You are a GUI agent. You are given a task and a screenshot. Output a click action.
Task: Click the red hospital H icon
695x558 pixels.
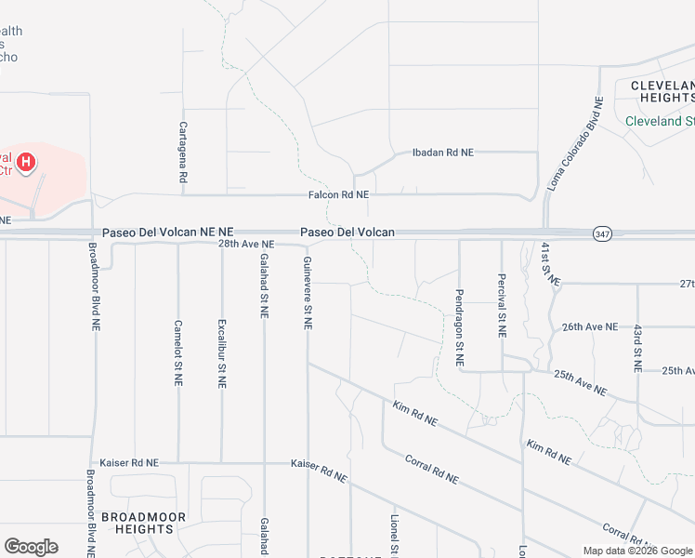tap(27, 164)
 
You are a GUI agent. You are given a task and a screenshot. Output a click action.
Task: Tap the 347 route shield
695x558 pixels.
tap(601, 232)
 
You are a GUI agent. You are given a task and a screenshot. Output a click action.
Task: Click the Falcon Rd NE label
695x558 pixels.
tap(339, 195)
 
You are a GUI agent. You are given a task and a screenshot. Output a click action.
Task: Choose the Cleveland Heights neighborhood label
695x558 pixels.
tap(662, 90)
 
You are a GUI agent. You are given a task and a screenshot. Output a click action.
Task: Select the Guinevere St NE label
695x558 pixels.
tap(308, 294)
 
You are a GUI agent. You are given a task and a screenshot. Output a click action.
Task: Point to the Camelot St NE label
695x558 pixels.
tap(178, 353)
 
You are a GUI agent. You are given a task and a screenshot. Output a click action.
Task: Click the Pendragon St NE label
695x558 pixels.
tap(459, 325)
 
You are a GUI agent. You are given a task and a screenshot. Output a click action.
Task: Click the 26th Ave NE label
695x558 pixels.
tap(589, 326)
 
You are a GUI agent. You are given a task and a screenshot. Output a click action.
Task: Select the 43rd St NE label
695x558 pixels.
tap(638, 349)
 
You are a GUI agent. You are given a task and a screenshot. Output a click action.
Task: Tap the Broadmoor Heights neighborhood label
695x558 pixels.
tap(143, 523)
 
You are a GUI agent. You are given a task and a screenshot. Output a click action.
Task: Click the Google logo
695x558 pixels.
tap(31, 547)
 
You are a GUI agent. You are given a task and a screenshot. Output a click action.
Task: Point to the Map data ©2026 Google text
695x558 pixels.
tap(636, 551)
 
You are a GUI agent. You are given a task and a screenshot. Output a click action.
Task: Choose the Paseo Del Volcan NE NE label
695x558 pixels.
tap(162, 232)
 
